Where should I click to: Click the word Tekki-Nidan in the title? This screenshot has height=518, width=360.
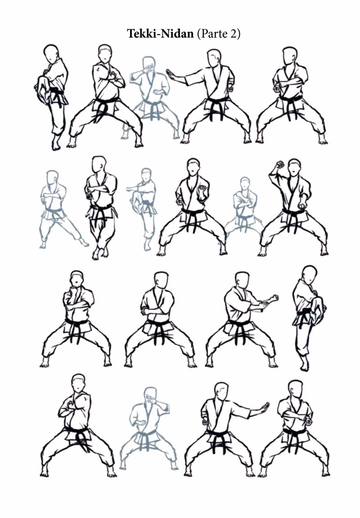tap(160, 34)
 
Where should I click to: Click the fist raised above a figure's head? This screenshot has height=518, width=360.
tap(280, 164)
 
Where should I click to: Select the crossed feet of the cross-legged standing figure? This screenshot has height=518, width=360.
tap(100, 252)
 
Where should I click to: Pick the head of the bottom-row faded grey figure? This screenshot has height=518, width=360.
tap(150, 395)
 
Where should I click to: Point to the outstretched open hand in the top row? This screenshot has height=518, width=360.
tap(171, 73)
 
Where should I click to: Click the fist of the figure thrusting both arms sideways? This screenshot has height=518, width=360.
tap(274, 298)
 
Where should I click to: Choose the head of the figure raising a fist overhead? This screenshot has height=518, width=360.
tap(294, 167)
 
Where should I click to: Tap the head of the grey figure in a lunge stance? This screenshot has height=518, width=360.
tap(52, 177)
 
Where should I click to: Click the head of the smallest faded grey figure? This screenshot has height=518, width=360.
tap(244, 184)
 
